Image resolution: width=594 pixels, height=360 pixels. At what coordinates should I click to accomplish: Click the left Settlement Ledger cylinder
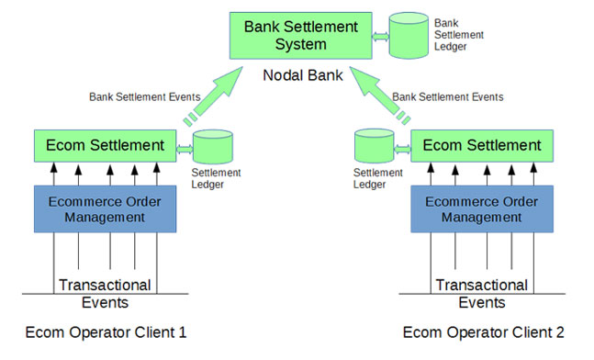point(214,146)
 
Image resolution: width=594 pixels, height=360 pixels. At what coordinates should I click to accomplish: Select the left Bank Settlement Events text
point(140,96)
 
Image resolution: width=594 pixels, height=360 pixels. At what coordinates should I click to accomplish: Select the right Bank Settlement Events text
point(447,96)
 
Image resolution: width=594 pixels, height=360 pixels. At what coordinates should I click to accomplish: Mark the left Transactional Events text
point(105,294)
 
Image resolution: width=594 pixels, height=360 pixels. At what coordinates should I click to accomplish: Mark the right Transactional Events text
point(482,294)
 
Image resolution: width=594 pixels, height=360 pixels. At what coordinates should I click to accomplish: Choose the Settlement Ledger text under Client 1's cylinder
point(216,178)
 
